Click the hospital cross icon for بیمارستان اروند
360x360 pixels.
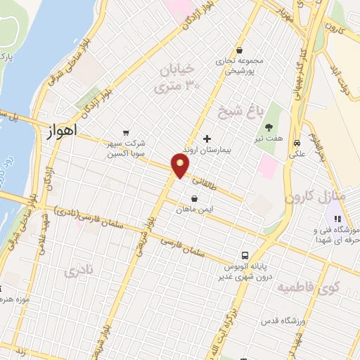[206, 139]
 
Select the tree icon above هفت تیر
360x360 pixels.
[269, 127]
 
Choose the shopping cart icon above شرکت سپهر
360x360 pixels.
[125, 131]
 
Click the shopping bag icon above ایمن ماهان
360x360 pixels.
[194, 198]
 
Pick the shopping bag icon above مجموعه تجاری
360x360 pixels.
[240, 51]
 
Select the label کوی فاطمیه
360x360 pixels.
[307, 288]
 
